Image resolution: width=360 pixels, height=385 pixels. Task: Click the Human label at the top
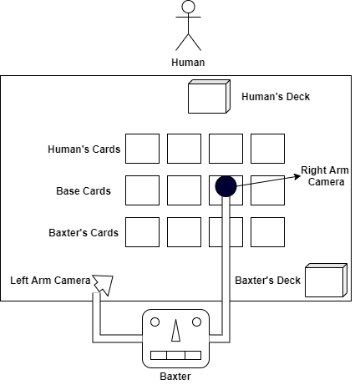[188, 63]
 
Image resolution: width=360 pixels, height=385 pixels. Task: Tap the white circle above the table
[188, 7]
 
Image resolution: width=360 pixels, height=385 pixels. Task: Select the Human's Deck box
[208, 97]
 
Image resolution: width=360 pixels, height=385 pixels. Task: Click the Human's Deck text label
[276, 97]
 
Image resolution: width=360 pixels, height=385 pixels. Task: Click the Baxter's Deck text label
[267, 280]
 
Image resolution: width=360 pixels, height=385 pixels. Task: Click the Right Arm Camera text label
[325, 176]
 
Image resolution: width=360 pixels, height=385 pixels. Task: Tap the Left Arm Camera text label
[50, 281]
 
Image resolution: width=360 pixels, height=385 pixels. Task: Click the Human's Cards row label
[84, 150]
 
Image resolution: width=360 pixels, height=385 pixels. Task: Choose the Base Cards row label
[84, 191]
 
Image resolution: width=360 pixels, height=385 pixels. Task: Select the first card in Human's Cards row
[142, 149]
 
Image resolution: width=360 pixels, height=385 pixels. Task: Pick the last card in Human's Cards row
[267, 149]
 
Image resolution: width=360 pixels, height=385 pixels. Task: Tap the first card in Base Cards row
[142, 190]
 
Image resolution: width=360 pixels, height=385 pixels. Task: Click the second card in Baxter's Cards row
[184, 232]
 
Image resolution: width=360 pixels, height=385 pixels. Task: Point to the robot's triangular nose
[175, 333]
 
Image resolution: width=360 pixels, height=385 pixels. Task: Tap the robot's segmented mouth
[175, 355]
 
